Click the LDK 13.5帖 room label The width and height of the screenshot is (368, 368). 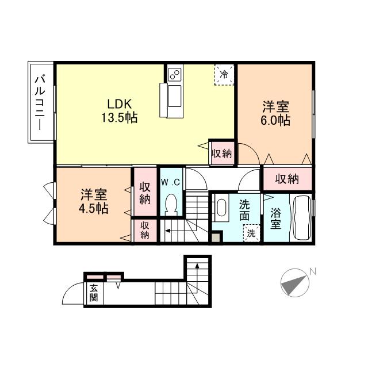coord(119,111)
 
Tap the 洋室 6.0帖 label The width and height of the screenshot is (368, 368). coord(275,113)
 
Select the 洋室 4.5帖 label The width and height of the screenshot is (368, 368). coord(94,201)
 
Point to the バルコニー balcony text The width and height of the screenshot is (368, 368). coord(40,102)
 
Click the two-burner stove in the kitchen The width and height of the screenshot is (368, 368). coord(175,74)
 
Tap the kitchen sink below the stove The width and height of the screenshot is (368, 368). coord(175,96)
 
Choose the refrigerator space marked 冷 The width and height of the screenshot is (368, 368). coord(224,75)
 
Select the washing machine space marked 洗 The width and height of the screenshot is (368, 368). coord(251,233)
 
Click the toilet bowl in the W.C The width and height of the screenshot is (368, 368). coord(171,204)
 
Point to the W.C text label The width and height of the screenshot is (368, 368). coord(171,182)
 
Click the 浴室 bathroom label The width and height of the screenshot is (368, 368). coord(275,218)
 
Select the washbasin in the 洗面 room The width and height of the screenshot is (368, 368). coord(221,208)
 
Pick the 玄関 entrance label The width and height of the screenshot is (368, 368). coord(94,293)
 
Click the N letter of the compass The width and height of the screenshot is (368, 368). coord(313,271)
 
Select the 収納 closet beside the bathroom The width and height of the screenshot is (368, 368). coord(287,179)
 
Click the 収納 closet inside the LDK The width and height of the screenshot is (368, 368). coord(222,154)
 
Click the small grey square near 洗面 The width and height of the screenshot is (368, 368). coord(217,237)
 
